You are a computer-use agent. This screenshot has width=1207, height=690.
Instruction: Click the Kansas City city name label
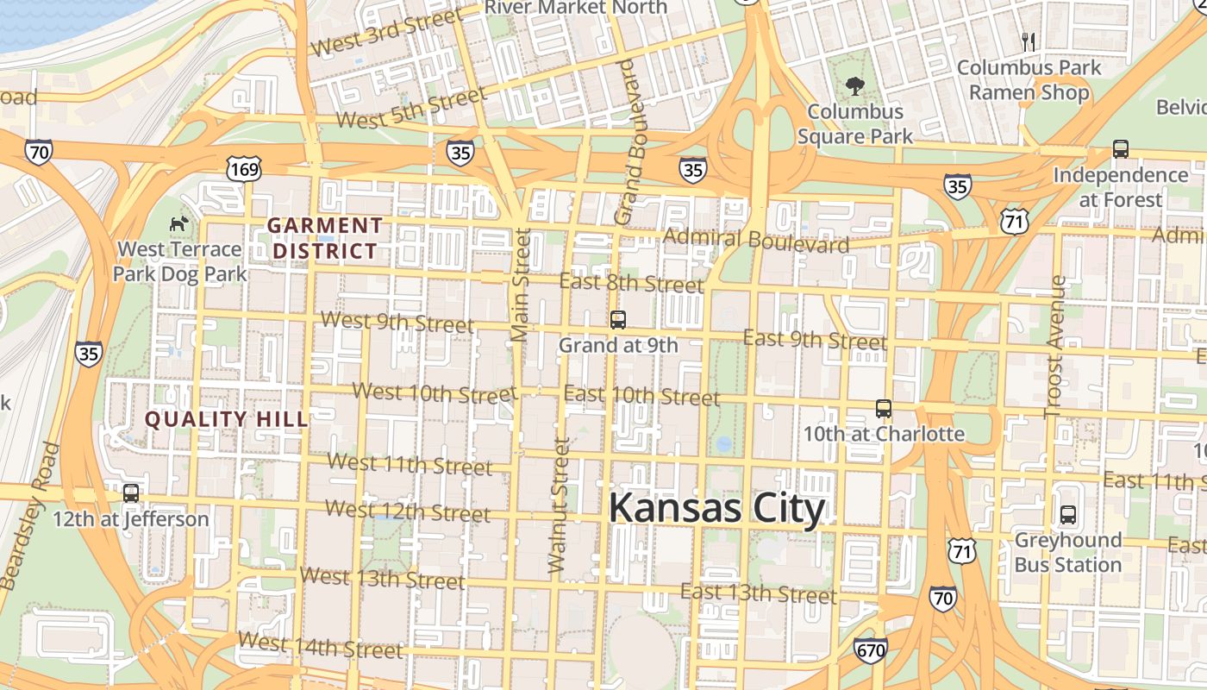pos(716,509)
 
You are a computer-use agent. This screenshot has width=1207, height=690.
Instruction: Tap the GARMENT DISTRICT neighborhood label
pos(324,239)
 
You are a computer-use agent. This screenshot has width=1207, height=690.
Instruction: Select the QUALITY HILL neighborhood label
pos(226,420)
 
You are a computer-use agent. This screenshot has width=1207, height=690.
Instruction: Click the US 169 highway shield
pos(245,169)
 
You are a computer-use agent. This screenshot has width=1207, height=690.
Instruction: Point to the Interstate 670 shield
pos(871,650)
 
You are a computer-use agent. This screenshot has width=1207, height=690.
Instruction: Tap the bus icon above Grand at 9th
pos(617,320)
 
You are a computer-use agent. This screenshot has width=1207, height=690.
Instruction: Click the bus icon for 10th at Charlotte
pos(884,409)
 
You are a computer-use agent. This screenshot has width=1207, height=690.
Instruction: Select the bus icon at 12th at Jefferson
pos(131,493)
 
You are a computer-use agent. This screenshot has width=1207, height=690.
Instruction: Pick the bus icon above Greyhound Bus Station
pos(1068,515)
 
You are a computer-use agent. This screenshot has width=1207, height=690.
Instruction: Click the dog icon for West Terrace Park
pos(178,224)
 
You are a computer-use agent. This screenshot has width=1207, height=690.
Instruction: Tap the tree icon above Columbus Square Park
pos(854,86)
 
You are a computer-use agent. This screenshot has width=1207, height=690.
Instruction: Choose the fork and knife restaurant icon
pos(1028,41)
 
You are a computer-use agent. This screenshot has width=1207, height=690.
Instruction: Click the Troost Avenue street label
pos(1055,347)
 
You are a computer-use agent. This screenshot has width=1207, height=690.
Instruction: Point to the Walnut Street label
pos(559,506)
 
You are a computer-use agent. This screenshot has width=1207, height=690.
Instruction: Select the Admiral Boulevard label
pos(756,241)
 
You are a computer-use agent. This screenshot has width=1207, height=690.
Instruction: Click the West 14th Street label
pos(320,646)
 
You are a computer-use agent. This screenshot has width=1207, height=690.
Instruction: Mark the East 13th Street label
pos(758,593)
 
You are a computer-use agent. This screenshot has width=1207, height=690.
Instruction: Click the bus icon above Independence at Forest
pos(1120,149)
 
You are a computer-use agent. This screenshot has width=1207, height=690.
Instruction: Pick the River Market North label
pos(576,8)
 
